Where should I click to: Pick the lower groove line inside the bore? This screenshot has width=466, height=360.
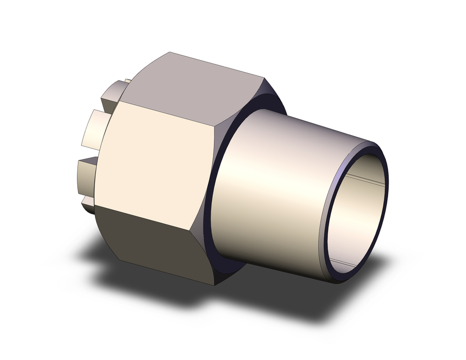coord(347,264)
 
